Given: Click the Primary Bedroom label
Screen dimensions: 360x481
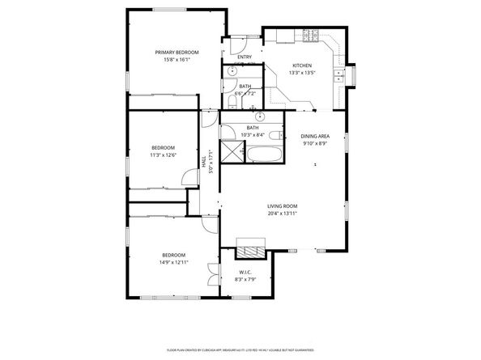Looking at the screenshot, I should coord(177,52).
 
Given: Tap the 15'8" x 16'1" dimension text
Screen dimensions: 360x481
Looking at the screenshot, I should coord(177,59).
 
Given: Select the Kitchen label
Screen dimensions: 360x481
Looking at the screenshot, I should coord(301,66).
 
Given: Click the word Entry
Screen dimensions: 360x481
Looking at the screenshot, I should coord(244,57).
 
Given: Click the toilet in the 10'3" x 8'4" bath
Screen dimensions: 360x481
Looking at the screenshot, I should coord(275,134).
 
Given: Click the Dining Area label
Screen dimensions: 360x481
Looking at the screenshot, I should coord(314,137).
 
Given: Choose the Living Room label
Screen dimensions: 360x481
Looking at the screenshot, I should coord(283,206).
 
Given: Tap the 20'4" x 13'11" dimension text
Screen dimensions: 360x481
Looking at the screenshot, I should coord(283,214).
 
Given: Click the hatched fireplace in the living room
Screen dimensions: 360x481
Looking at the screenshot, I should coord(249,247).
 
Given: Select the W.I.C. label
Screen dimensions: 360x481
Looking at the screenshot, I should coord(244,273).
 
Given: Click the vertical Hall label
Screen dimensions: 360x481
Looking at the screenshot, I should coord(203,162).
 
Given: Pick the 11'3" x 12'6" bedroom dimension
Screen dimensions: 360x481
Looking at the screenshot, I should coord(163,155).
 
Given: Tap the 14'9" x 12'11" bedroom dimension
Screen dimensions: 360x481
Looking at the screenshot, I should coord(174,262).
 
